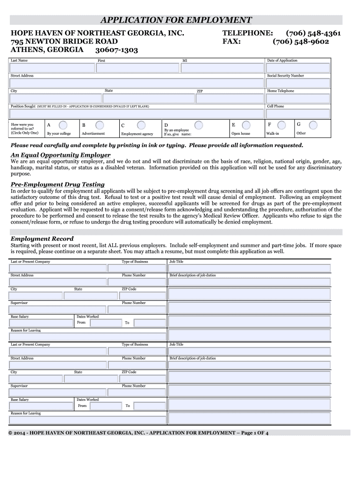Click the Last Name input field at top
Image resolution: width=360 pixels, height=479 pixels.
pos(51,68)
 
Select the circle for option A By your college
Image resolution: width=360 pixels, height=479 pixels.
pos(62,125)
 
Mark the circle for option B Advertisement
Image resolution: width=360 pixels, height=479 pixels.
pos(100,125)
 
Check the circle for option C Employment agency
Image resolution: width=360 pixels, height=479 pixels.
pos(141,125)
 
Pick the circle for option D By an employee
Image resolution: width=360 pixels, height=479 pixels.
pos(199,125)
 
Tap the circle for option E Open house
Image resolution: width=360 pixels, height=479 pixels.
pos(246,125)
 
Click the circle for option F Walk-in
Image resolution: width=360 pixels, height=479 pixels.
pos(281,125)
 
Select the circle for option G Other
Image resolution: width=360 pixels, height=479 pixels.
pos(313,125)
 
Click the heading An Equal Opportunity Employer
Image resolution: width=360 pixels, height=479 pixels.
pos(61,155)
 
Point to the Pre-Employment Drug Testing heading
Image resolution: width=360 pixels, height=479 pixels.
pos(58,184)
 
